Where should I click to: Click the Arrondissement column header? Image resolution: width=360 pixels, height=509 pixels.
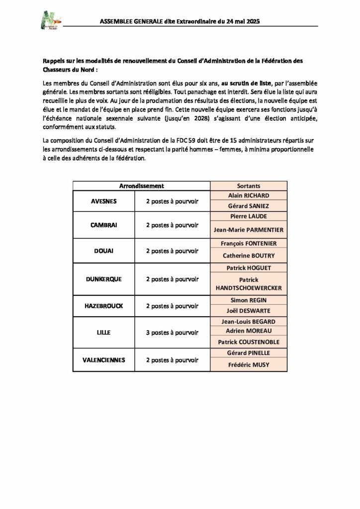pyautogui.click(x=142, y=185)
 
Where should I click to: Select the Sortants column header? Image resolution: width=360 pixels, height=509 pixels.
pyautogui.click(x=249, y=185)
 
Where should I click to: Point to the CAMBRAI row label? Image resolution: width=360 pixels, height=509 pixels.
pyautogui.click(x=104, y=225)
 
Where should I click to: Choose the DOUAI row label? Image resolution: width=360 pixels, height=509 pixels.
pyautogui.click(x=104, y=251)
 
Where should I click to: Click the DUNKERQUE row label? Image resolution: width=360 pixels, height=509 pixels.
pyautogui.click(x=104, y=279)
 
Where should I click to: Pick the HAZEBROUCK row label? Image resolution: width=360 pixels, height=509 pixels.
pyautogui.click(x=104, y=305)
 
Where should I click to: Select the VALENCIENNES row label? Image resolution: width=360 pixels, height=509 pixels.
pyautogui.click(x=104, y=359)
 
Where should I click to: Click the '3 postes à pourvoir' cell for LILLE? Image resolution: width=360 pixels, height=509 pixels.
pyautogui.click(x=172, y=332)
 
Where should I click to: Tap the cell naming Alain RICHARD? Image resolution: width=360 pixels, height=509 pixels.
pyautogui.click(x=249, y=195)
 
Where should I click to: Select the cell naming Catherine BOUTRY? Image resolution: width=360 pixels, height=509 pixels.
pyautogui.click(x=249, y=255)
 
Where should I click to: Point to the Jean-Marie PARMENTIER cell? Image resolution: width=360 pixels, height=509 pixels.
pyautogui.click(x=249, y=230)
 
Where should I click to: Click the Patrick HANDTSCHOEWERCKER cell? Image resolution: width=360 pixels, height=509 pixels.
pyautogui.click(x=249, y=284)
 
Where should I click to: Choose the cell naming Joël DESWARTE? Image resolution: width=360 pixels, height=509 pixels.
pyautogui.click(x=249, y=311)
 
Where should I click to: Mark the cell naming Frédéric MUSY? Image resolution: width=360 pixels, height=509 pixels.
pyautogui.click(x=249, y=364)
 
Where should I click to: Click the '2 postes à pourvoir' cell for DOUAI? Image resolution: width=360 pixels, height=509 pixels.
pyautogui.click(x=172, y=251)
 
